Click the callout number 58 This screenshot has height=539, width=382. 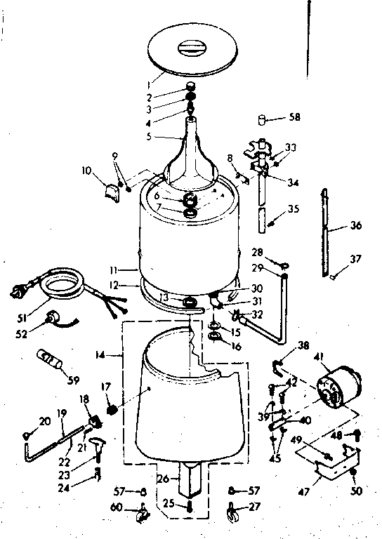click(x=294, y=117)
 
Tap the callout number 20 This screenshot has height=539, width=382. click(x=45, y=421)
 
